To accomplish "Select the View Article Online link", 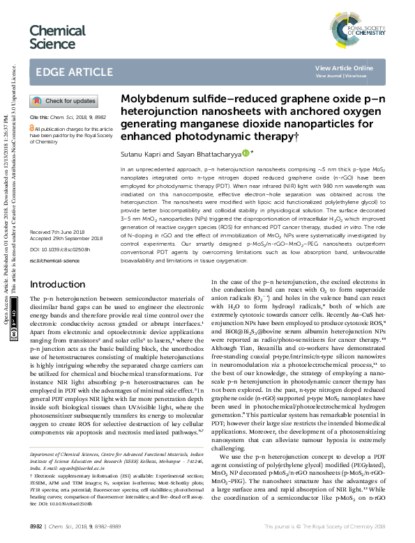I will (x=344, y=68).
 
